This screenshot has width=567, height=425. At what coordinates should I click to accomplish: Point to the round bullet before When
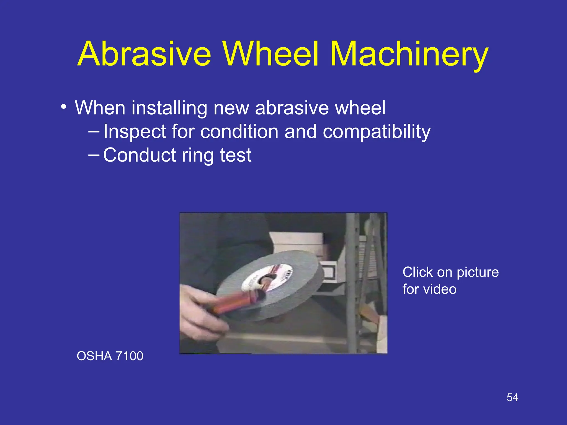64,107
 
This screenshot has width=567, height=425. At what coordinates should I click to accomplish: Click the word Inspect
135,132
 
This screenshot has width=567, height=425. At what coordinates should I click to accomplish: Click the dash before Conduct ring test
94,155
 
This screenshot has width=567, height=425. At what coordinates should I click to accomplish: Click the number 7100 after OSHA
129,356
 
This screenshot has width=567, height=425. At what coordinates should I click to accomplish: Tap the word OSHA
94,356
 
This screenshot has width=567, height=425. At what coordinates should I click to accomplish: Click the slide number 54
512,398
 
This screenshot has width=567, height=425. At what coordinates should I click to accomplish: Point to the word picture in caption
478,272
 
